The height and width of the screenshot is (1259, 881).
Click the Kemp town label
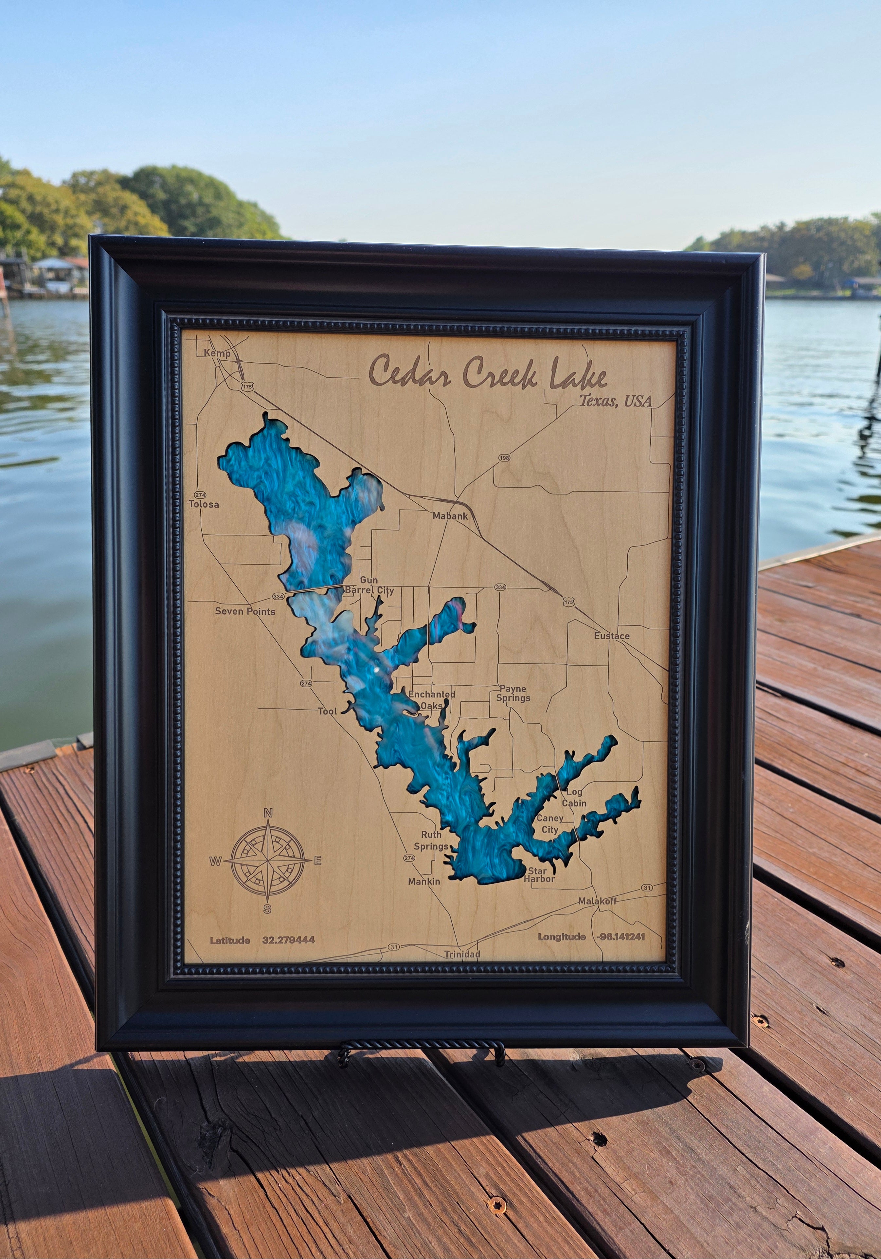pos(217,353)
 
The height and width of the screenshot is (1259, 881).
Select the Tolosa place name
pos(204,504)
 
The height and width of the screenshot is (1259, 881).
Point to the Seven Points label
pos(245,611)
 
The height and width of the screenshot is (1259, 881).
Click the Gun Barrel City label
pos(369,585)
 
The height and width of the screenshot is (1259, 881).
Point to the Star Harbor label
pos(539,874)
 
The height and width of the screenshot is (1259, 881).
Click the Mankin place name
pos(424,881)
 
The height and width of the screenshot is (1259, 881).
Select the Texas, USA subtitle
pos(616,401)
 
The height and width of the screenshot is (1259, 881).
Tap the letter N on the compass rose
pos(268,813)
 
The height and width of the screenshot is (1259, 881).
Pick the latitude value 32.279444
pos(288,940)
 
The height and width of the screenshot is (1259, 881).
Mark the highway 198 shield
pos(504,457)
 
